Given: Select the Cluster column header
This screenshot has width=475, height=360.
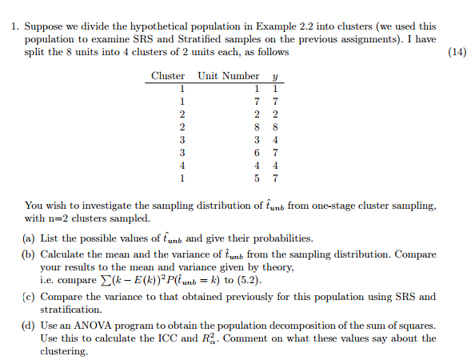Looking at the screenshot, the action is tap(167, 76).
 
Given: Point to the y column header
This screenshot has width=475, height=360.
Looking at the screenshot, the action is tap(274, 77).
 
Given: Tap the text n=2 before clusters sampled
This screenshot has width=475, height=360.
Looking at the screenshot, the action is tap(61, 218).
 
